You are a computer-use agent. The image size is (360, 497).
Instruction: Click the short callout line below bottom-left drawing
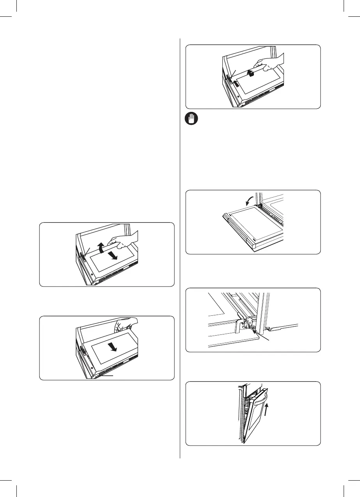[x=106, y=376]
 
